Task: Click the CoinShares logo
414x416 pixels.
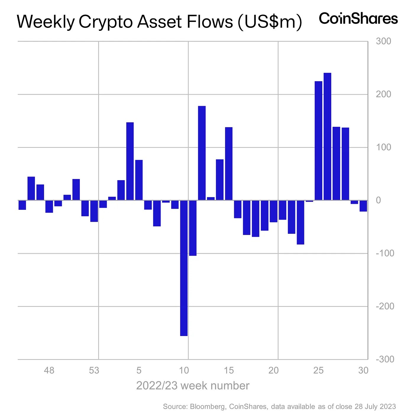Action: click(358, 19)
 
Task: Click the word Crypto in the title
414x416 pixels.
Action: click(111, 22)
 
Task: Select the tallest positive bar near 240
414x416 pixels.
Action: click(327, 136)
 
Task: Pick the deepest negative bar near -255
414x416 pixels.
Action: click(184, 268)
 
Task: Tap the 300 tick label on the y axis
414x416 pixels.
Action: click(383, 41)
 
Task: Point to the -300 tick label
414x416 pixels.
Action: click(385, 359)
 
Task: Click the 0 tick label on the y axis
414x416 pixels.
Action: click(378, 200)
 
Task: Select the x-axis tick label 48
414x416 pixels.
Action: click(49, 370)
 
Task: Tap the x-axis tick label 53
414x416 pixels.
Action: click(94, 370)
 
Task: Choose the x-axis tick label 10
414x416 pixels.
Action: click(184, 370)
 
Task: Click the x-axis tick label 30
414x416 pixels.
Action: click(363, 370)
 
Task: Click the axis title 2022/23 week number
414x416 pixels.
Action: click(193, 386)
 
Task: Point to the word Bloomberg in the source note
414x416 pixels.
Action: click(207, 407)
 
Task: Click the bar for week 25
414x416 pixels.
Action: click(318, 141)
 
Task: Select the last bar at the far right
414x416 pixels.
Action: click(363, 206)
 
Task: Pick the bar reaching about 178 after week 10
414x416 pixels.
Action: click(202, 153)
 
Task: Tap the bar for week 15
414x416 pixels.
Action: click(229, 164)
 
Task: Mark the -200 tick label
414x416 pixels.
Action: click(385, 306)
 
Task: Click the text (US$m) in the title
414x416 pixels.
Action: click(270, 22)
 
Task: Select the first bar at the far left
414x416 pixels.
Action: click(22, 205)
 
